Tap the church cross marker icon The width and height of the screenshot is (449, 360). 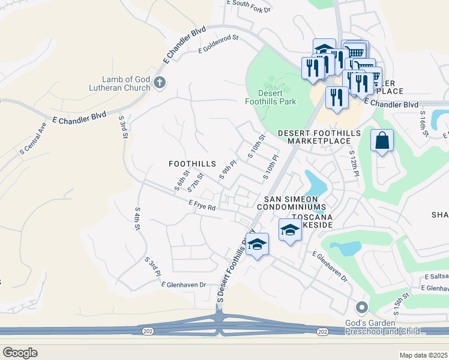pos(159,83)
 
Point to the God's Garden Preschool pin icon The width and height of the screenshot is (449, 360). pos(361,308)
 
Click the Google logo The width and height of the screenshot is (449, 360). pos(20,353)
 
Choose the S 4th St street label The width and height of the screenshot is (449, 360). pos(137,220)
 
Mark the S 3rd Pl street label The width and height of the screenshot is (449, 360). pos(152,266)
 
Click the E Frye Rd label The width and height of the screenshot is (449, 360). pos(202,206)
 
